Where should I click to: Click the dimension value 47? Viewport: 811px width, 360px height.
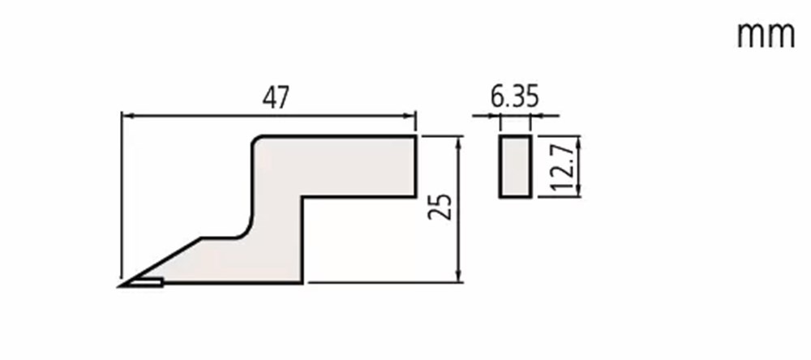coord(276,98)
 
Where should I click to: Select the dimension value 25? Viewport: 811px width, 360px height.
coord(440,207)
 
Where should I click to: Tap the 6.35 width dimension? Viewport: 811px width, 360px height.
coord(515,97)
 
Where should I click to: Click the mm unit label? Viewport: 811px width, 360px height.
coord(766,35)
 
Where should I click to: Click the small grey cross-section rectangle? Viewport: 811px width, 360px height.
coord(515,166)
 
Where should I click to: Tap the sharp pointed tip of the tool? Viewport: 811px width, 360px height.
coord(120,285)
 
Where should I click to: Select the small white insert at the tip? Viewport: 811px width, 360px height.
coord(146,282)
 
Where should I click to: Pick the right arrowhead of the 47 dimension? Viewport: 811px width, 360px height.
coord(410,115)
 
